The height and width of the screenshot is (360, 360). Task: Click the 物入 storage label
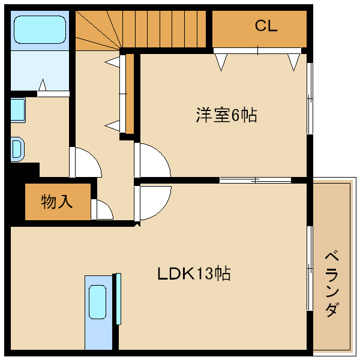click(x=57, y=202)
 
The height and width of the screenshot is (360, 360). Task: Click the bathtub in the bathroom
click(x=40, y=29)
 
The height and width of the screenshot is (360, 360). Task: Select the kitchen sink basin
click(x=97, y=302)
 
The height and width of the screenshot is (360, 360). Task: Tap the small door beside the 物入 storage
click(x=103, y=209)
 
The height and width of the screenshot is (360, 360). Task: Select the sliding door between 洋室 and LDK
click(x=255, y=179)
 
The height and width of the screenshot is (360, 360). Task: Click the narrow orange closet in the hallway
click(x=129, y=93)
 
